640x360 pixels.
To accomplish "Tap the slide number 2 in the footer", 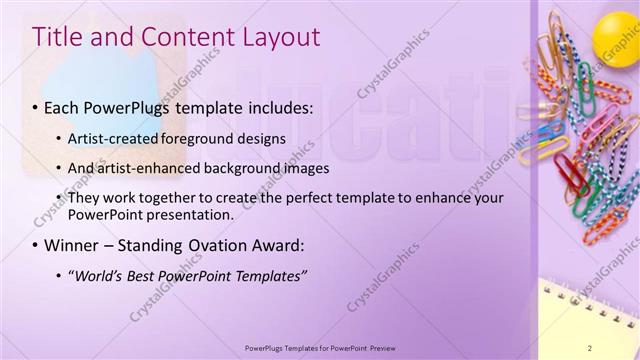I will coord(590,347).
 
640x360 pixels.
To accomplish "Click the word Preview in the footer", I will coord(384,347).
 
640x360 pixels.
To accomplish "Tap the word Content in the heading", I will coord(182,37).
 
